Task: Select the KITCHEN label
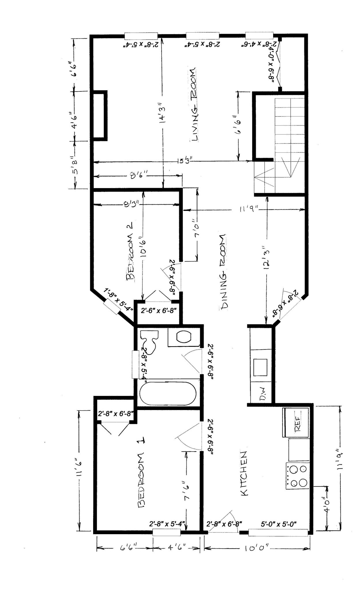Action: click(x=243, y=473)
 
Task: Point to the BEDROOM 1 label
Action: click(x=142, y=473)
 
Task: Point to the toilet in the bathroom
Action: click(x=150, y=341)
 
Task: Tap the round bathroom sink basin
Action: click(x=184, y=336)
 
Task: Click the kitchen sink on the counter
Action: click(x=260, y=367)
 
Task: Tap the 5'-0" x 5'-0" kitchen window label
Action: click(x=279, y=524)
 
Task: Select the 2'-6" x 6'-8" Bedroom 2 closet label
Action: click(x=158, y=311)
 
